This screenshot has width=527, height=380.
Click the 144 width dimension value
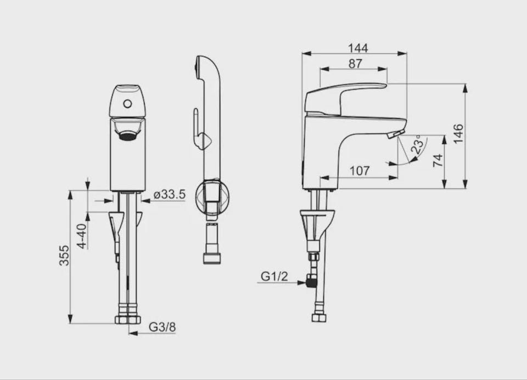click(x=358, y=48)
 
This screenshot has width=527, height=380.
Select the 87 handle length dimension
click(x=355, y=64)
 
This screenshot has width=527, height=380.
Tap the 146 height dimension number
click(x=458, y=133)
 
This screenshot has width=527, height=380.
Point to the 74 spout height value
click(x=438, y=161)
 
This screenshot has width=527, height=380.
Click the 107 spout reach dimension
click(x=360, y=171)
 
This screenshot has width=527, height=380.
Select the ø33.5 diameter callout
click(x=170, y=194)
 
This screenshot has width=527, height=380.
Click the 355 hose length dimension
click(x=64, y=256)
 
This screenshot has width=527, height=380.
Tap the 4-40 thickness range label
click(x=82, y=236)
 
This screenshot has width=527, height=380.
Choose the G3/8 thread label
click(x=162, y=327)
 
